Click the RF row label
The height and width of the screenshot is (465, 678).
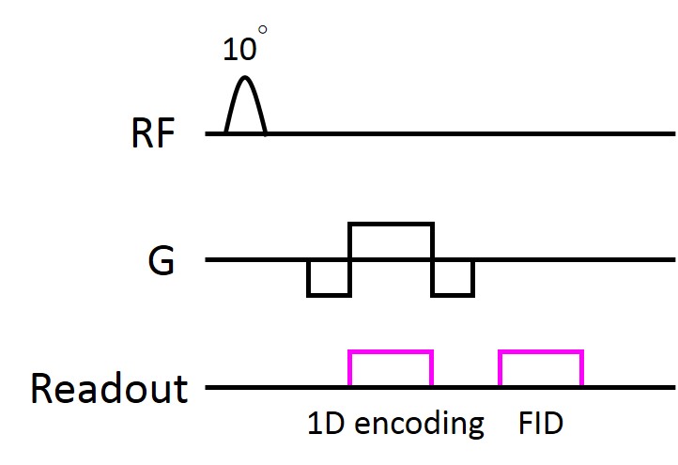pos(152,135)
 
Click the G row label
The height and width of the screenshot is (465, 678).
pos(162,261)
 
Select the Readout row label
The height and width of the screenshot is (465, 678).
pos(109,387)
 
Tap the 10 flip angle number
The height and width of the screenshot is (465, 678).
pos(239,49)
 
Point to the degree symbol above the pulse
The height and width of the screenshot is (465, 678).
pos(263,31)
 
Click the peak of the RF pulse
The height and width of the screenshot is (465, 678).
pos(245,78)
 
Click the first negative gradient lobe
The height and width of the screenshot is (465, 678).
pos(329,278)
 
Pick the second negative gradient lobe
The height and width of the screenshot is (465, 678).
pos(453,278)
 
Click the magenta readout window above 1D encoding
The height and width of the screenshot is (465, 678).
pos(391,369)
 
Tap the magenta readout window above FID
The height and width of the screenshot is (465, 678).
pos(541,369)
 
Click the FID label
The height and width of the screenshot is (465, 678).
pos(540,424)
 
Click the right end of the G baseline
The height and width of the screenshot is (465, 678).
pos(671,260)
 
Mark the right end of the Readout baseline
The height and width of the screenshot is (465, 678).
pos(671,387)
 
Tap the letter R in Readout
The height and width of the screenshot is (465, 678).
pos(43,387)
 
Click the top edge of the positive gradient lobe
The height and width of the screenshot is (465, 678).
pos(391,224)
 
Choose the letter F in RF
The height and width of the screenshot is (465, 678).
pos(165,135)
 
